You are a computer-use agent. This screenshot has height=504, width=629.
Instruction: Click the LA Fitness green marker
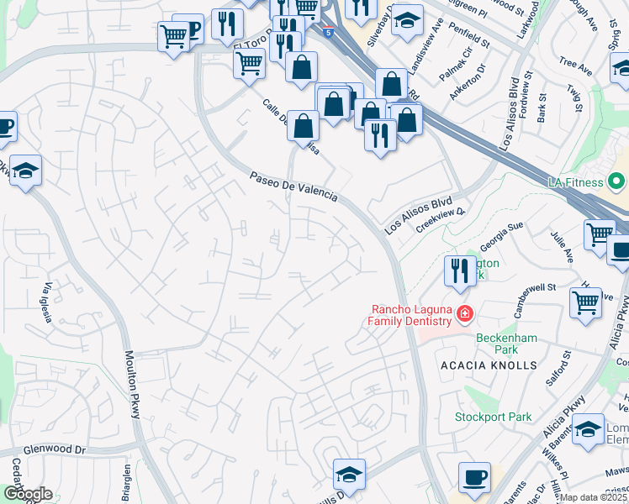click(617, 181)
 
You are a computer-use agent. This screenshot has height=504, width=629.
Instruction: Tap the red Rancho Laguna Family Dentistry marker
click(463, 314)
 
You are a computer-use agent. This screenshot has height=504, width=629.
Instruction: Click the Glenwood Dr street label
click(55, 450)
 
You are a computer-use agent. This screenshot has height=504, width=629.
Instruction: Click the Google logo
click(27, 494)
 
